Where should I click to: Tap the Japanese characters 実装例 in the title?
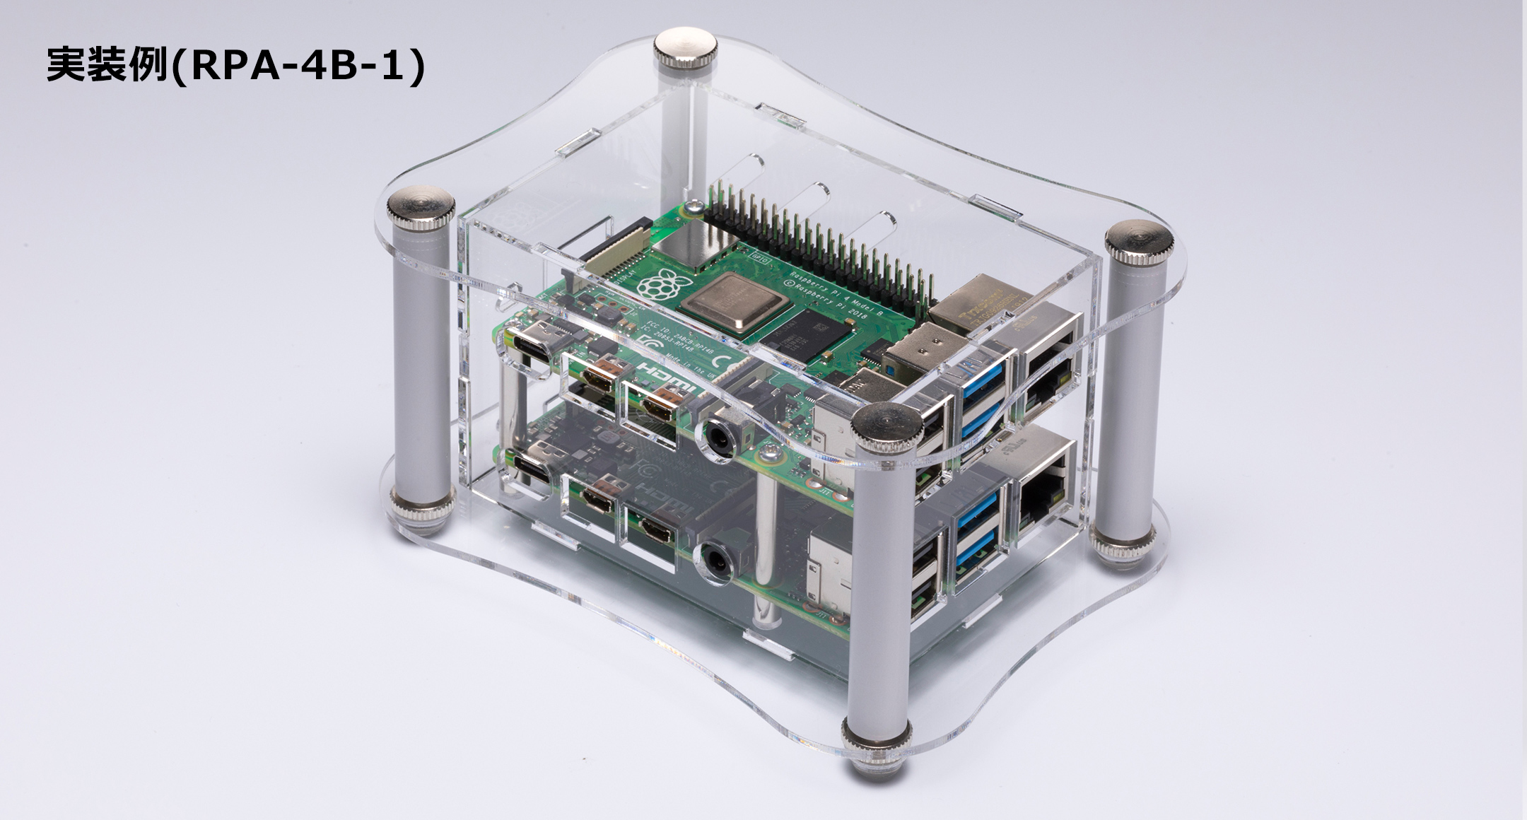coord(106,66)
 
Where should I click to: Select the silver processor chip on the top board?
coord(735,305)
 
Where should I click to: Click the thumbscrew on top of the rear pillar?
coord(684,47)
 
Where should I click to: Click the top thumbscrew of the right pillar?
coord(1139,241)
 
